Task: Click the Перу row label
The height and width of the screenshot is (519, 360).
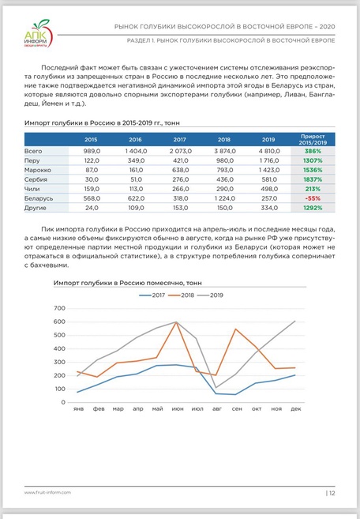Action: coord(33,159)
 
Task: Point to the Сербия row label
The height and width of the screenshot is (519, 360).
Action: coord(36,179)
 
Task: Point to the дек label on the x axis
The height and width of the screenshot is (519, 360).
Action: coord(295,409)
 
